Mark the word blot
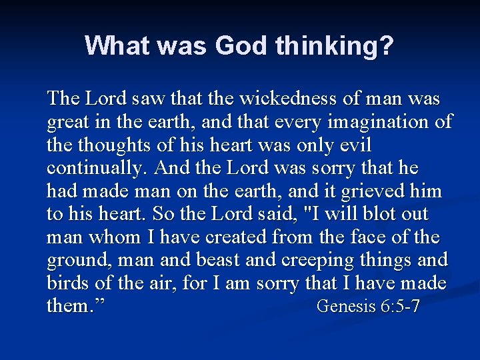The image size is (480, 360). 365,214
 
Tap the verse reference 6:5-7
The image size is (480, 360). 399,307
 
